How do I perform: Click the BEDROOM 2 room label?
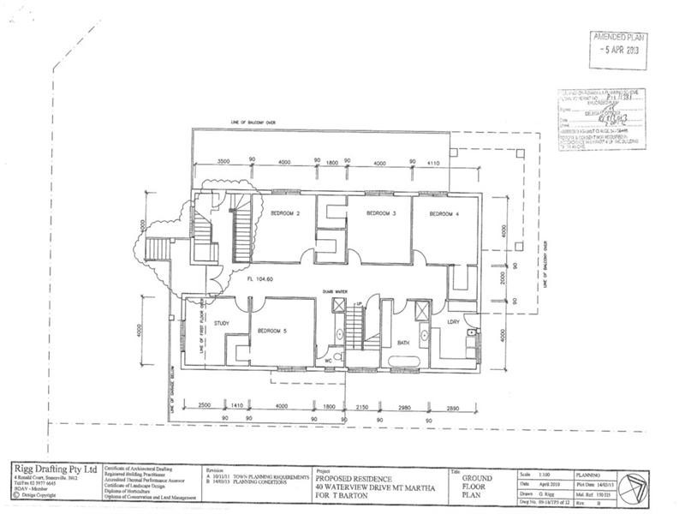coord(285,212)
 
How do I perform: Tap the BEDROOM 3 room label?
coord(380,212)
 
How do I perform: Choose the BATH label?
coord(404,343)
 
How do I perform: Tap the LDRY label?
coord(453,321)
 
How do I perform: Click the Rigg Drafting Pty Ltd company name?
coord(49,468)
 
